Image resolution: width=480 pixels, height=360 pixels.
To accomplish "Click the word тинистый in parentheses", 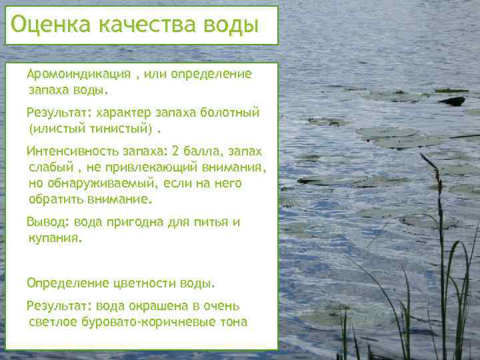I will click(120, 127).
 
